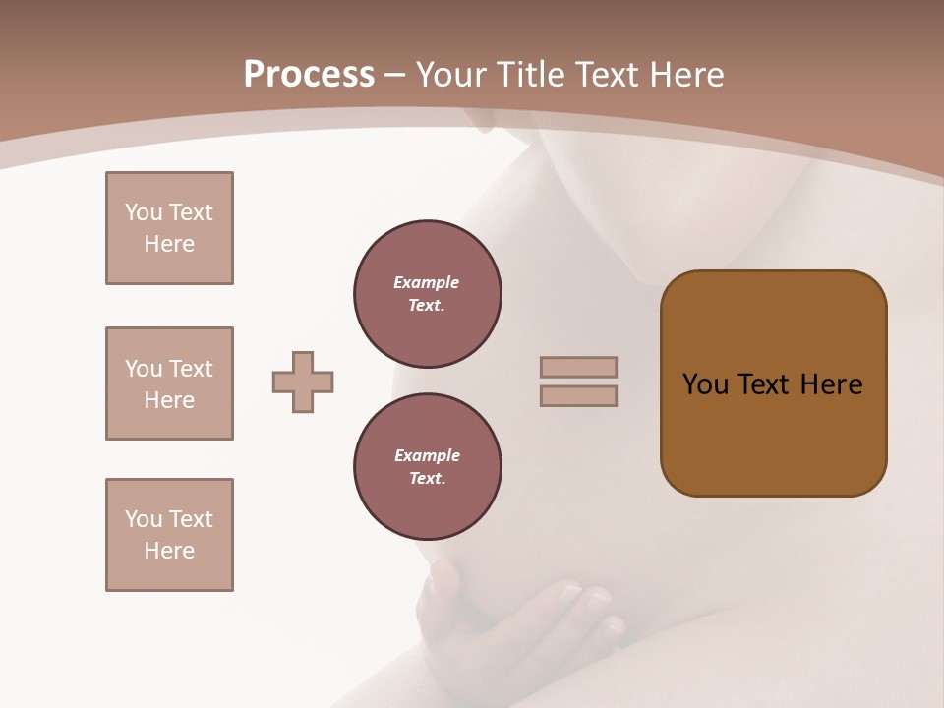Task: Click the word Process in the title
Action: (x=309, y=75)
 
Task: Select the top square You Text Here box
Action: (x=169, y=228)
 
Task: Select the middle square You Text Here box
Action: (x=169, y=383)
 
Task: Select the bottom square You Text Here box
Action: (x=169, y=535)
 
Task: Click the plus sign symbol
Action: (x=303, y=382)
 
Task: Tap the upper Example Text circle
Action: (x=428, y=293)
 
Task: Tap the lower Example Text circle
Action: (x=428, y=466)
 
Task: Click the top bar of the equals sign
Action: (x=578, y=367)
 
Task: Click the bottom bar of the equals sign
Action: (x=578, y=395)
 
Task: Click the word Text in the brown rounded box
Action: (x=765, y=384)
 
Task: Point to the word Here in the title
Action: (x=682, y=75)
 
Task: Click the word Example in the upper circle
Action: (x=427, y=282)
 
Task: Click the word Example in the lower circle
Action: (x=427, y=455)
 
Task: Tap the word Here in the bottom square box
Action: (x=169, y=551)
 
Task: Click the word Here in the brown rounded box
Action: (x=831, y=384)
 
